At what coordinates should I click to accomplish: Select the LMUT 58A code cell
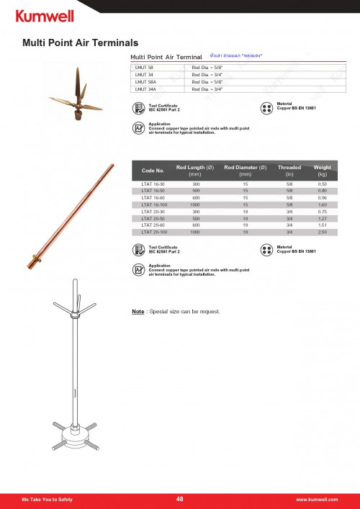pos(146,82)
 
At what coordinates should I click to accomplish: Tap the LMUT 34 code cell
pos(145,74)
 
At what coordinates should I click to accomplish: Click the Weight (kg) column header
pos(322,171)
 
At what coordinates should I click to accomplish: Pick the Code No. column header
pos(153,171)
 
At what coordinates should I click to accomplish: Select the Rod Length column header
pos(194,171)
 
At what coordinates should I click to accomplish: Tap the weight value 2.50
pos(322,233)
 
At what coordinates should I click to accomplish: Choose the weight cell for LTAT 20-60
pos(322,225)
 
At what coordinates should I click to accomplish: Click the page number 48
pos(180,498)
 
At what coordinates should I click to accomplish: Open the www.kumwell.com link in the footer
pos(317,499)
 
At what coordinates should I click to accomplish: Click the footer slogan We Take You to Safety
pos(47,499)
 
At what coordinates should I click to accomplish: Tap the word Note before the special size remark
pos(138,312)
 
